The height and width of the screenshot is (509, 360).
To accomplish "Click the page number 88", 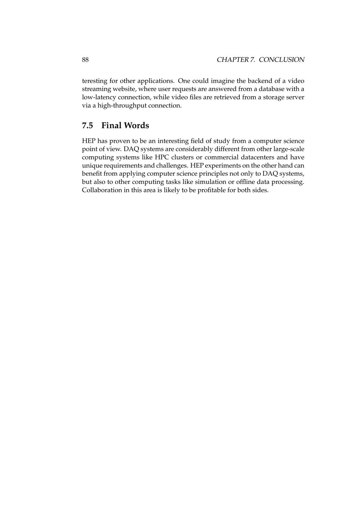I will [85, 60].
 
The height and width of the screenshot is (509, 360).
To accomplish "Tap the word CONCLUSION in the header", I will [282, 60].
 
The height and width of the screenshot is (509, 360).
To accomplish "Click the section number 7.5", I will [87, 126].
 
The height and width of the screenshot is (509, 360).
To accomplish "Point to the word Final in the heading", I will [111, 126].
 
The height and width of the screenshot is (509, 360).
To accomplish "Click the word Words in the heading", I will [136, 126].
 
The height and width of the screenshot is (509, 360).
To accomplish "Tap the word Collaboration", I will [102, 190].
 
